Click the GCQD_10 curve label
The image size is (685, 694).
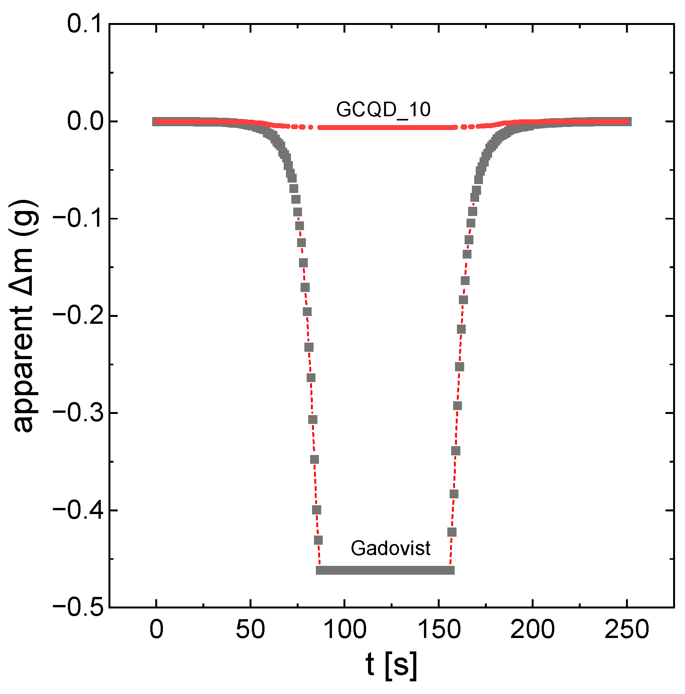point(383,110)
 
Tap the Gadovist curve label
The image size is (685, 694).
point(390,548)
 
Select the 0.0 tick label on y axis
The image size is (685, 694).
point(85,122)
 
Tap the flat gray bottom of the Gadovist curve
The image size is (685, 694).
point(385,570)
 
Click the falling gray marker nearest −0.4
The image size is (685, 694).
point(317,510)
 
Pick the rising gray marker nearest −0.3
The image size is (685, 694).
point(457,406)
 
